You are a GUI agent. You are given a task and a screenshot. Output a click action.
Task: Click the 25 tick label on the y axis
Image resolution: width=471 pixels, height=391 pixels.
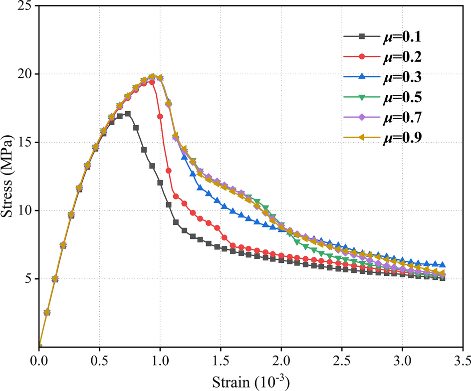point(24,6)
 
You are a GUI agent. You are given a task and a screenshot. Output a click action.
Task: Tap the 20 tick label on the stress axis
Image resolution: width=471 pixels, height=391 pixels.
point(24,74)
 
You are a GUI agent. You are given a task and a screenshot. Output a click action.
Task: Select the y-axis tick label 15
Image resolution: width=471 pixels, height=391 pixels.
point(24,142)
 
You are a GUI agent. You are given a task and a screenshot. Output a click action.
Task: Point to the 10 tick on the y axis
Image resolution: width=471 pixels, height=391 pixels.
point(24,210)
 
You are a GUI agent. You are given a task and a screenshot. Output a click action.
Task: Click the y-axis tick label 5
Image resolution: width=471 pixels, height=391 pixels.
point(27,279)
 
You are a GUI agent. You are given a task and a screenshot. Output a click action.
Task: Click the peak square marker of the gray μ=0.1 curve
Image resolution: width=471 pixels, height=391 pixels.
point(128,114)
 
